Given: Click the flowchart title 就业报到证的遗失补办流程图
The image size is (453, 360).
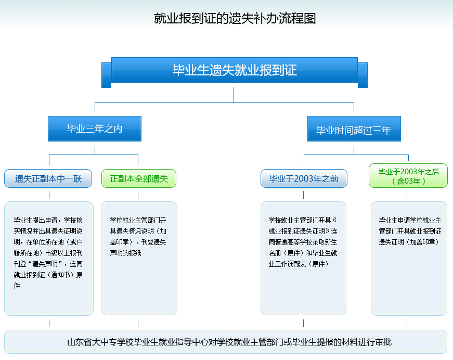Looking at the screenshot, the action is [x=235, y=19].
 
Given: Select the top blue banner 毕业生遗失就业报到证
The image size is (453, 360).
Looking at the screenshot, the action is [x=235, y=70].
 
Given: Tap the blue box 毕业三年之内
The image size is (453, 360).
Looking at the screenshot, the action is [x=95, y=129].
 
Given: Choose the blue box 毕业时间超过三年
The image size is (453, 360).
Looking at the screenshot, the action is [x=354, y=129].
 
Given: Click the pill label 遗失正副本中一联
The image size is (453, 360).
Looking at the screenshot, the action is [x=48, y=178].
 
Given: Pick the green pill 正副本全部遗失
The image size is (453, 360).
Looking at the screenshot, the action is [x=139, y=178].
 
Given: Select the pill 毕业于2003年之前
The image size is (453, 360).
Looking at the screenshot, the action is [x=304, y=178].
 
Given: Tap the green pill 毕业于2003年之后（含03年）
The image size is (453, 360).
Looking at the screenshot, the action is [x=408, y=176].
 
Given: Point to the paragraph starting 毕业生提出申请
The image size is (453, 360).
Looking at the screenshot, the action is [x=48, y=253].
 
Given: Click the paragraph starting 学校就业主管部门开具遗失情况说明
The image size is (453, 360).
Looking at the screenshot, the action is [x=138, y=236].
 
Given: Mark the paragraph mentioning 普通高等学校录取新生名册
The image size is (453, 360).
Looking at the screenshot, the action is [x=303, y=242].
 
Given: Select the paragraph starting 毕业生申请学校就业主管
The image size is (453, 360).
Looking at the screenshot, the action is [x=410, y=231].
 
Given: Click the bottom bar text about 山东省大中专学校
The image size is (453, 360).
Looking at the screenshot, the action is [x=229, y=342].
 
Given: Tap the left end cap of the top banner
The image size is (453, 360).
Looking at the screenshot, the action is [x=107, y=75].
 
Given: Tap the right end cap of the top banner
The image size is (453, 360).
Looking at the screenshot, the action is [x=363, y=75].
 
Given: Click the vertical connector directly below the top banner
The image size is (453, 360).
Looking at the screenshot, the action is [x=234, y=95].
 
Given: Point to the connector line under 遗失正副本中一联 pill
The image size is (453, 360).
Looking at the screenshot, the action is [x=49, y=195].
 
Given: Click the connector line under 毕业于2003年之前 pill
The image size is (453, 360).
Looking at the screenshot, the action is [x=303, y=195].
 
